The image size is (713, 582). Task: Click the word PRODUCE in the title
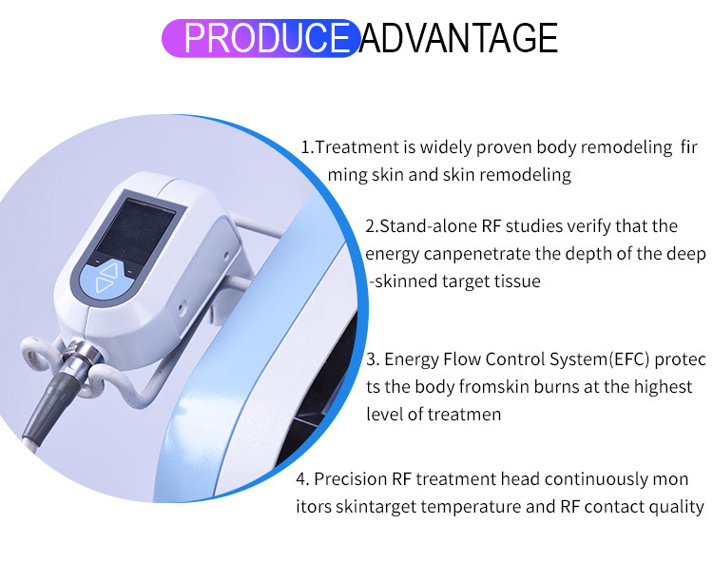266,38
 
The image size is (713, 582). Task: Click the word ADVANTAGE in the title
458,38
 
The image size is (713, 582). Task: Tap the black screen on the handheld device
136,232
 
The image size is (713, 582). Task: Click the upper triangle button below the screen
109,270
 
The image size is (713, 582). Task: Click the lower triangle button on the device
105,285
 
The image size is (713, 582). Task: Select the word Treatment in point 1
356,147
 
